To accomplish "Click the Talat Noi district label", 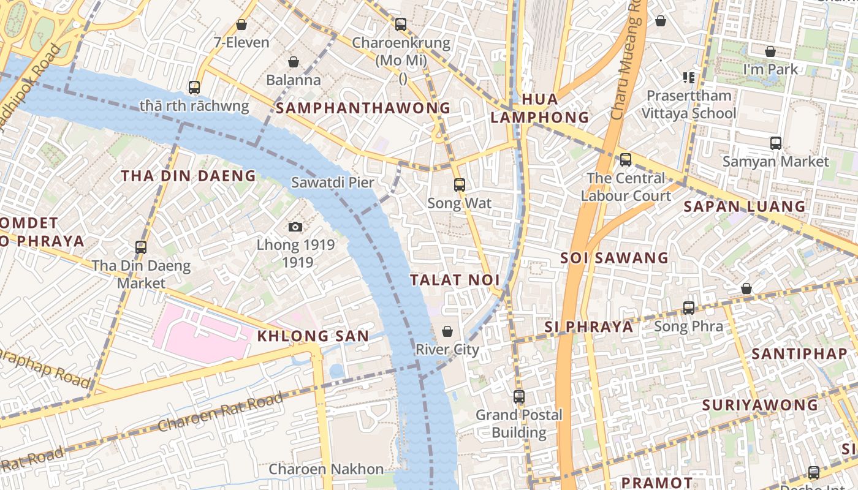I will pyautogui.click(x=455, y=281).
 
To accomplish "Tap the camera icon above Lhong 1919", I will pyautogui.click(x=295, y=227).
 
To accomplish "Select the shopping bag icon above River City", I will pyautogui.click(x=447, y=331).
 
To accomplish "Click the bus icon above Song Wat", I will pyautogui.click(x=459, y=184).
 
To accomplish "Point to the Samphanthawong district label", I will pyautogui.click(x=363, y=108).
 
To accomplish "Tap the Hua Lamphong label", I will pyautogui.click(x=539, y=108).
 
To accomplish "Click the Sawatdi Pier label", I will pyautogui.click(x=332, y=182).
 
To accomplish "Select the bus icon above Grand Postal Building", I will pyautogui.click(x=519, y=396).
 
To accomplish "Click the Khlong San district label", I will pyautogui.click(x=313, y=336).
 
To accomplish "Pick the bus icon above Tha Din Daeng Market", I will pyautogui.click(x=141, y=247).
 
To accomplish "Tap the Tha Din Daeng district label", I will pyautogui.click(x=188, y=176).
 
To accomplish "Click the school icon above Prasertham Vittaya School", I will pyautogui.click(x=689, y=78).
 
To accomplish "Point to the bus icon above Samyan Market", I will pyautogui.click(x=776, y=143).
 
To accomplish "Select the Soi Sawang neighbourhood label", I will pyautogui.click(x=614, y=258).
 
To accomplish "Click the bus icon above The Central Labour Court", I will pyautogui.click(x=625, y=160).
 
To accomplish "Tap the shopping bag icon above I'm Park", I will pyautogui.click(x=770, y=51).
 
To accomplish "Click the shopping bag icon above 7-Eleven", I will pyautogui.click(x=241, y=24).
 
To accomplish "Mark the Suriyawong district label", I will pyautogui.click(x=760, y=405).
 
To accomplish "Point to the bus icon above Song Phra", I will pyautogui.click(x=689, y=307).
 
